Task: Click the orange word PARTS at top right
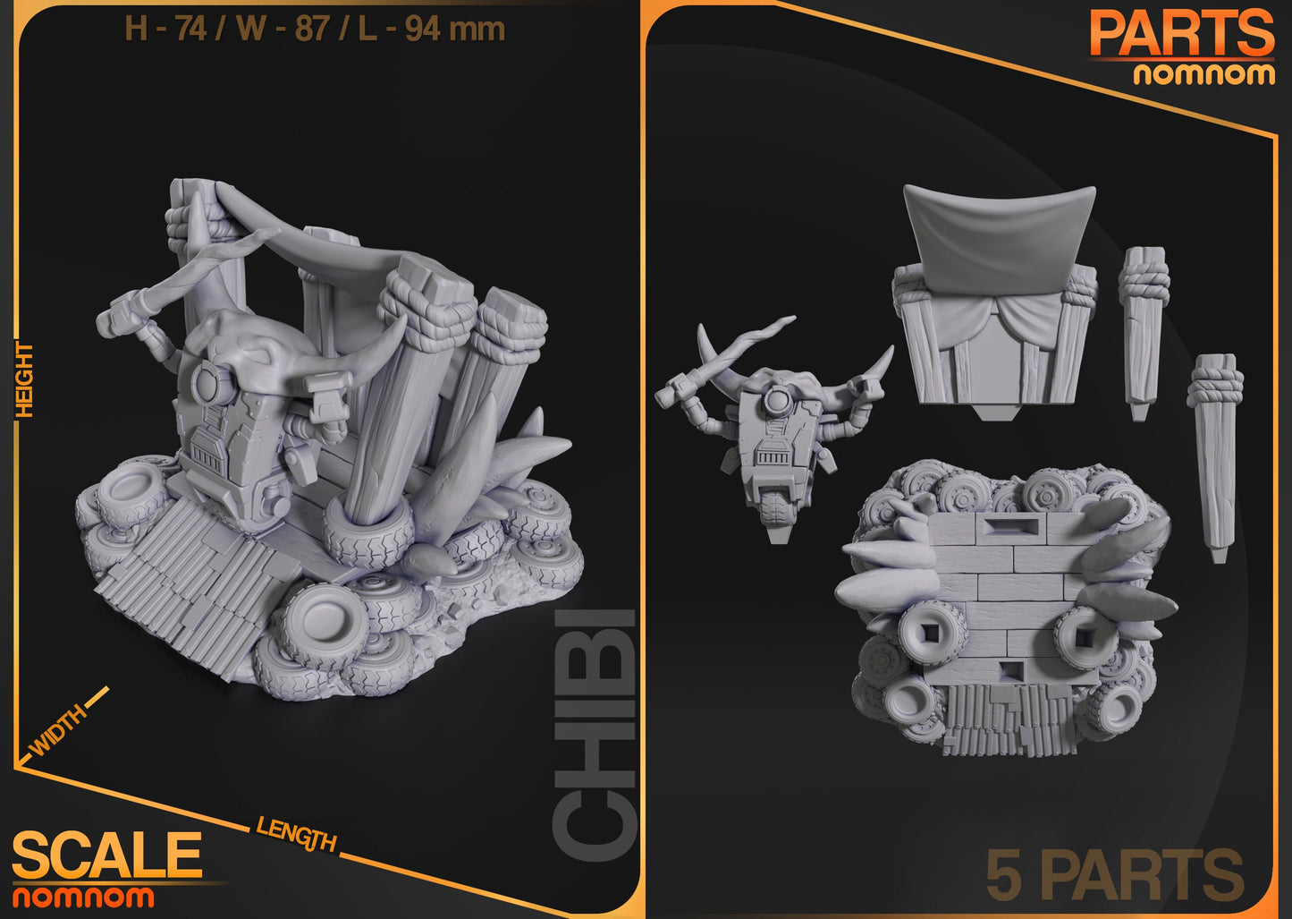(1181, 34)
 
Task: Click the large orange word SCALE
(107, 855)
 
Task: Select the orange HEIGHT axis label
(24, 379)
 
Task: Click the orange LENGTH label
(296, 834)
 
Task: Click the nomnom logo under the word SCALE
(82, 897)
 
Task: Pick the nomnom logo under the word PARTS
(1203, 73)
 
